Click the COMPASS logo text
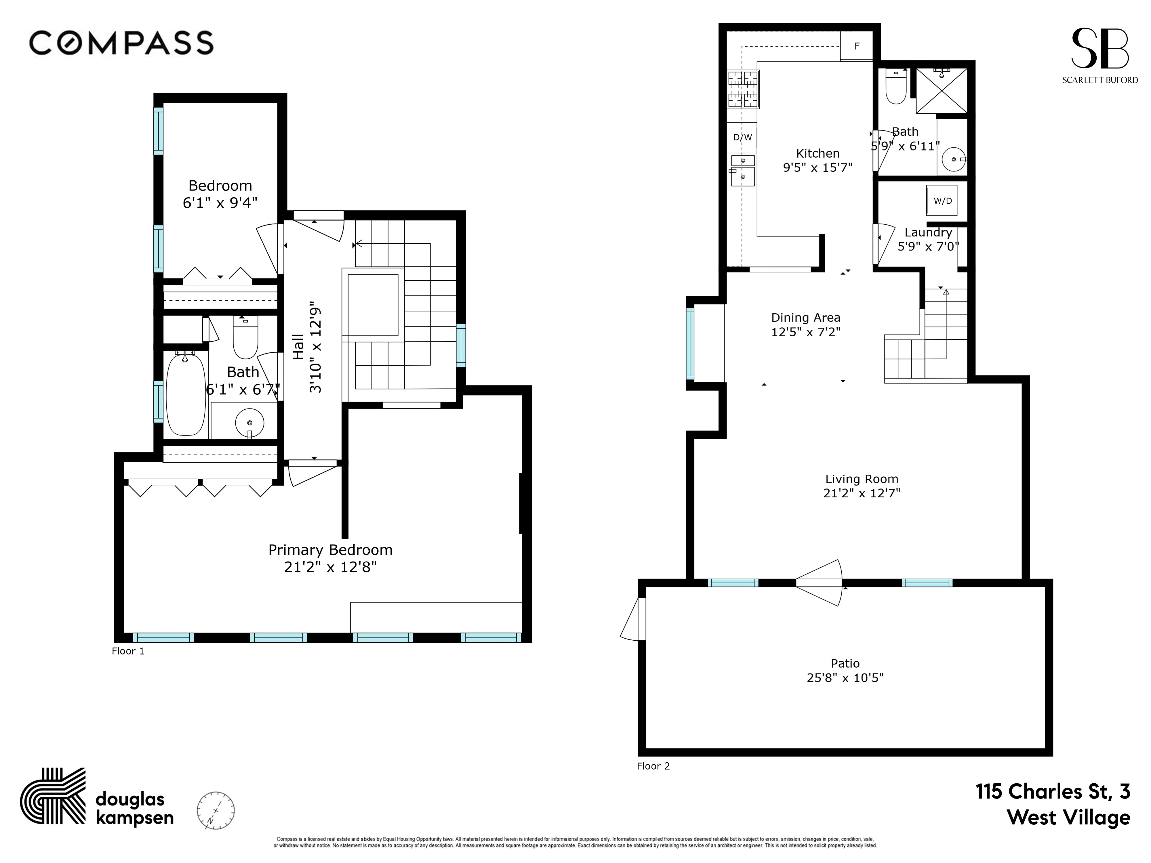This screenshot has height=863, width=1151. [121, 43]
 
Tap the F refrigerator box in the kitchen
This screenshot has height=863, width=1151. [856, 46]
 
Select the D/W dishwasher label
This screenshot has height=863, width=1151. [742, 137]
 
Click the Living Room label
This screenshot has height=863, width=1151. [861, 479]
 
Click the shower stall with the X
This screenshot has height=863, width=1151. [941, 91]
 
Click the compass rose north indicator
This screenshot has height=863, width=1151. [216, 810]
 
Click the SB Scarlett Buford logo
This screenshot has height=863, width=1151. [1099, 55]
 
